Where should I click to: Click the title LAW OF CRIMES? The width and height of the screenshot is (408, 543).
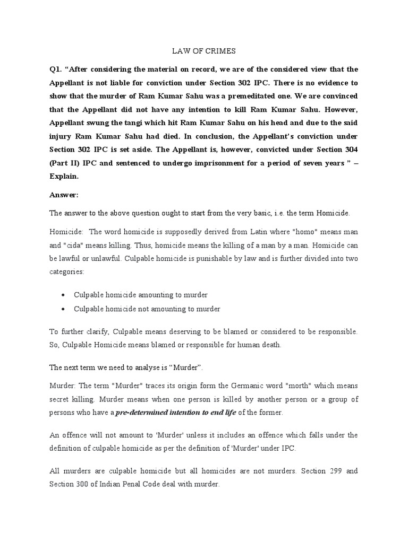203,51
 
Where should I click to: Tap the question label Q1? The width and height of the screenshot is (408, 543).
57,70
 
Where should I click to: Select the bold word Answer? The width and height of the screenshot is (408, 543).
64,195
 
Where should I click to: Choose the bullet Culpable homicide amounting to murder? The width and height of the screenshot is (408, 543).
140,294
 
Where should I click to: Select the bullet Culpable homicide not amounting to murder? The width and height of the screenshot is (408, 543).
147,309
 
